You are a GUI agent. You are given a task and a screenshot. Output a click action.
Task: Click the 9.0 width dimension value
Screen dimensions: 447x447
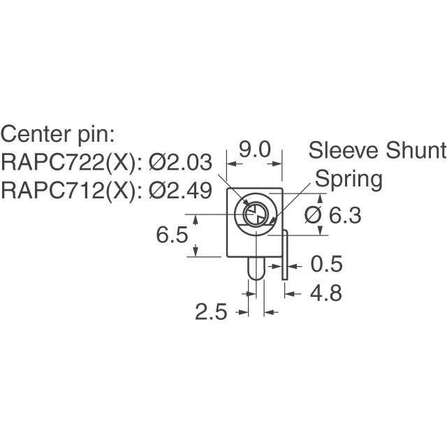click(256, 149)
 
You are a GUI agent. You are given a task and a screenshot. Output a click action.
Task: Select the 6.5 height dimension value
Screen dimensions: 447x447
click(172, 235)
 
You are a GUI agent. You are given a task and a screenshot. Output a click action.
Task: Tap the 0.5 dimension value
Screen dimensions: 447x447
click(327, 265)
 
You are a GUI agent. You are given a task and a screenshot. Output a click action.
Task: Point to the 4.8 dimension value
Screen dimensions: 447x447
click(325, 293)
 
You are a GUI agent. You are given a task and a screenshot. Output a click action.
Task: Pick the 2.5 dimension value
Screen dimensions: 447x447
click(212, 312)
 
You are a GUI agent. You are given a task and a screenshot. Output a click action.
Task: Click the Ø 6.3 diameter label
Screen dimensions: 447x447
click(333, 217)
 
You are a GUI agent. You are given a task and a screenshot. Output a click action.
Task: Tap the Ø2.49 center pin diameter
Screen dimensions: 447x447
click(180, 191)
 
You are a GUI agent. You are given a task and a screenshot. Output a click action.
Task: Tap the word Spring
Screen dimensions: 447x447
click(349, 179)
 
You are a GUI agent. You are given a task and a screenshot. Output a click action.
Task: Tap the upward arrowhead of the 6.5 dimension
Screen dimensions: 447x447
click(196, 219)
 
